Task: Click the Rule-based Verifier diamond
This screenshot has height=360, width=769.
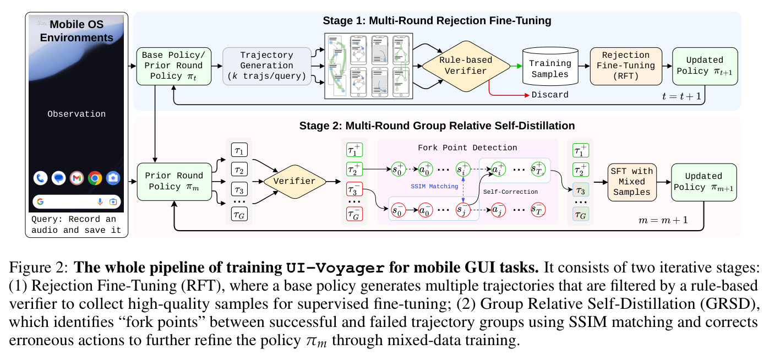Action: [466, 66]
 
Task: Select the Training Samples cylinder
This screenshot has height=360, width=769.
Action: [550, 66]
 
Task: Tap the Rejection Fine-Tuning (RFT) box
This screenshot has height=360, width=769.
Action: [626, 66]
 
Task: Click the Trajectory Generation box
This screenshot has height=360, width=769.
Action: [267, 66]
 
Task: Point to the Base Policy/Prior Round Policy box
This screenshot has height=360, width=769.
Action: [174, 66]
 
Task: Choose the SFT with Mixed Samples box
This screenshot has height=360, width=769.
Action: [632, 182]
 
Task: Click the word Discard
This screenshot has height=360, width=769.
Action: [550, 95]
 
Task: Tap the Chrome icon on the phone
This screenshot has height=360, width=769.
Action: [95, 178]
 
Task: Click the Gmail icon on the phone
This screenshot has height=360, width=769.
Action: [77, 178]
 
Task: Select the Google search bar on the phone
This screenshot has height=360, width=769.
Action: [77, 202]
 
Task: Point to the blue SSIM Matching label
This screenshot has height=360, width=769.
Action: [434, 187]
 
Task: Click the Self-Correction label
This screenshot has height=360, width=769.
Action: [510, 192]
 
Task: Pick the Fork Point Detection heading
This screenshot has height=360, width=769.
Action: [467, 148]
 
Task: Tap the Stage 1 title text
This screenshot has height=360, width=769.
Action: [437, 20]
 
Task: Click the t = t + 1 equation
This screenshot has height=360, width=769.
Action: [681, 96]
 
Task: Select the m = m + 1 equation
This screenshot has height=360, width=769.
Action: [663, 220]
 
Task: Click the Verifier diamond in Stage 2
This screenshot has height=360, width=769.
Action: [294, 182]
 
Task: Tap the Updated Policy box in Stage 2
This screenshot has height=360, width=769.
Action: [704, 182]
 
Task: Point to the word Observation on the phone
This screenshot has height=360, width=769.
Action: [77, 114]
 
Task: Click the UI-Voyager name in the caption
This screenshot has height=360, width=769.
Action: [335, 268]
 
